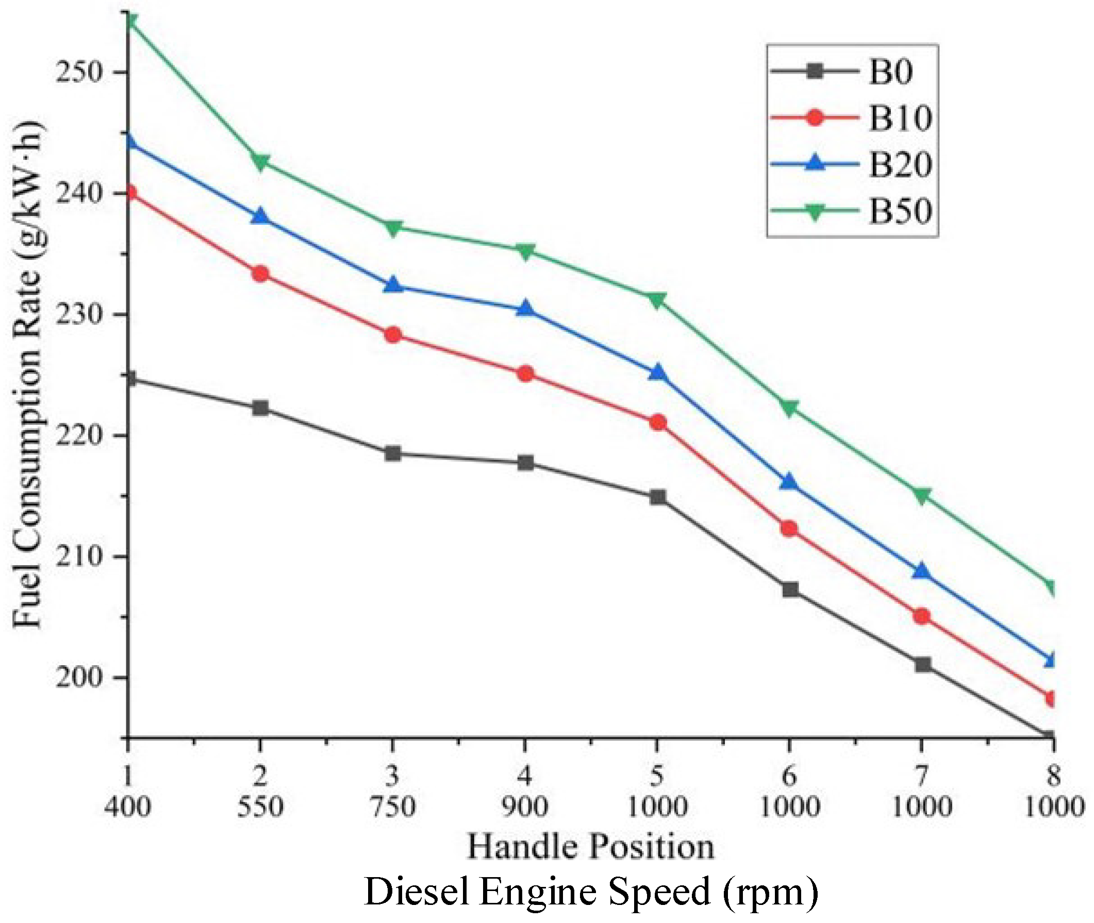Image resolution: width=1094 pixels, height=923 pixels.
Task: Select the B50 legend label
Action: pyautogui.click(x=901, y=212)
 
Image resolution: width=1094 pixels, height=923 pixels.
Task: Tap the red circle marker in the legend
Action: pyautogui.click(x=815, y=117)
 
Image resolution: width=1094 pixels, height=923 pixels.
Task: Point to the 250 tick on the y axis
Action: pyautogui.click(x=78, y=72)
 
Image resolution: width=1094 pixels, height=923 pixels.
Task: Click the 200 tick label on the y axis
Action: pyautogui.click(x=78, y=677)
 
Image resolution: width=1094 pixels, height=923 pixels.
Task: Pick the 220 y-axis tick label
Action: pyautogui.click(x=78, y=435)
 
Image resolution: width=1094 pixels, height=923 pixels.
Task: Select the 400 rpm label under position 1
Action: pyautogui.click(x=127, y=806)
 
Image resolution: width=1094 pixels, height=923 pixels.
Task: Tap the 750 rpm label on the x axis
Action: pyautogui.click(x=392, y=806)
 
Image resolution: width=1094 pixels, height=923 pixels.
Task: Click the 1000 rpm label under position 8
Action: pyautogui.click(x=1053, y=806)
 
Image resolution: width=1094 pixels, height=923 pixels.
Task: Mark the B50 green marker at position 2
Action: pyautogui.click(x=260, y=162)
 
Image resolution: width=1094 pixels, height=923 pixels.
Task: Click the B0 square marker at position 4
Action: pyautogui.click(x=525, y=463)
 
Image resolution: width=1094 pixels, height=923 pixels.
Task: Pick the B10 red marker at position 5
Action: pyautogui.click(x=658, y=422)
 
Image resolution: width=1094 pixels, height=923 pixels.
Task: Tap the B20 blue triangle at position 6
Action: pyautogui.click(x=789, y=482)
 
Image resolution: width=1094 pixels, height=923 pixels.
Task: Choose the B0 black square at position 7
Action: pyautogui.click(x=922, y=665)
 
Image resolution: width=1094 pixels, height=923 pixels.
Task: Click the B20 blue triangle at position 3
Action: pyautogui.click(x=393, y=285)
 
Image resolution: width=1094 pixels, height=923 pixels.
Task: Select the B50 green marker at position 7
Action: pyautogui.click(x=921, y=495)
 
